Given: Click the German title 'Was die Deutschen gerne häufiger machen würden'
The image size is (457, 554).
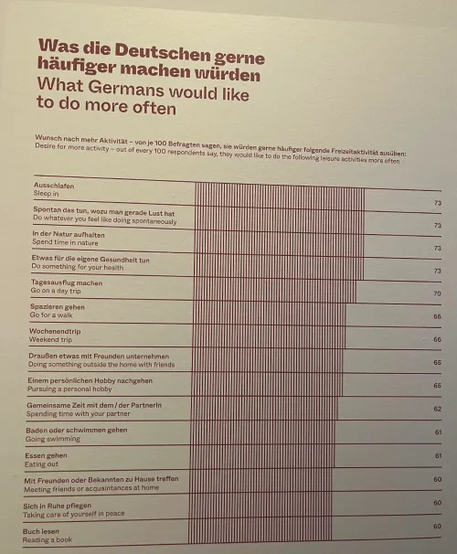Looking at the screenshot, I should coord(149,60).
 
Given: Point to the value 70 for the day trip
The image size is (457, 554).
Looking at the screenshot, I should coord(437,293).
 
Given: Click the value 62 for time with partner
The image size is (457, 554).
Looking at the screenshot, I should coord(437,409).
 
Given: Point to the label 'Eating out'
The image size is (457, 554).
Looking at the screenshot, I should coord(46,463).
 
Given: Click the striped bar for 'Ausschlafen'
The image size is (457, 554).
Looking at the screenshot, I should coord(279,193).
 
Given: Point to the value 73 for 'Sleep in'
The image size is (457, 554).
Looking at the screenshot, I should coord(437,201).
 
